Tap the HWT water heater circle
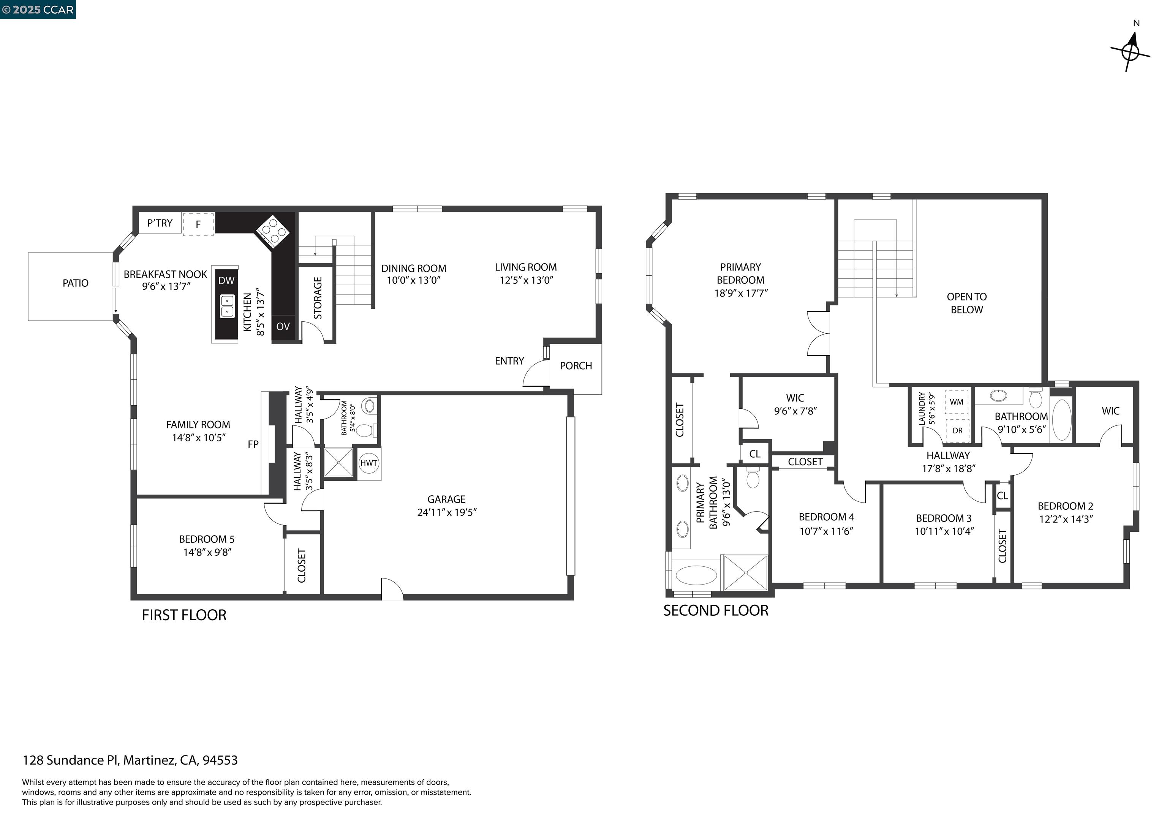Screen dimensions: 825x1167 click(368, 463)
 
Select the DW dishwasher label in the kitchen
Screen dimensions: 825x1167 click(226, 281)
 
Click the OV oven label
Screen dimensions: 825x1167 click(283, 326)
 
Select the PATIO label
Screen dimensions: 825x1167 click(75, 283)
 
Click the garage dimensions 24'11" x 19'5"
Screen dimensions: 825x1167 click(446, 512)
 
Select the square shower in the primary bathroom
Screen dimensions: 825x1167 click(745, 573)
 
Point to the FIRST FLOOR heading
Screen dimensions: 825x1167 click(184, 615)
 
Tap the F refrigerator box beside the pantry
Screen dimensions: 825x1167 click(198, 224)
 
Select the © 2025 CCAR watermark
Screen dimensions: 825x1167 click(38, 9)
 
